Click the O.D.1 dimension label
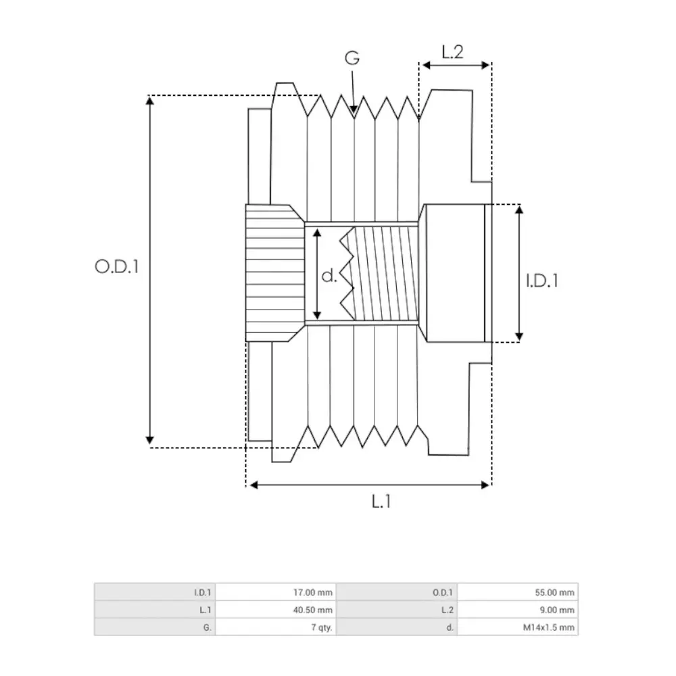(117, 266)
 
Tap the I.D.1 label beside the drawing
(542, 279)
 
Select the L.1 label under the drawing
(382, 502)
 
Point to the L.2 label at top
(452, 52)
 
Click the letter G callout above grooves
(352, 58)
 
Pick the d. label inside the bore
(329, 275)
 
